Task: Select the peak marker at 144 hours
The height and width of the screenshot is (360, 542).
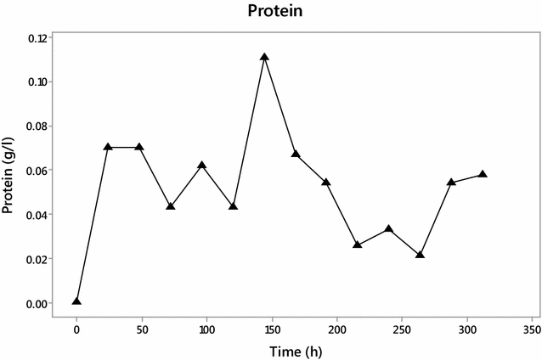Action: (x=264, y=58)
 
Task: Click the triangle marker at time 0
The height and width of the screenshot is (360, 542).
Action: (x=77, y=301)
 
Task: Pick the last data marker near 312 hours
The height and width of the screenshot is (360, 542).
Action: (x=483, y=174)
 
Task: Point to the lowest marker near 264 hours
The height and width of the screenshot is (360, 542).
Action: (x=420, y=255)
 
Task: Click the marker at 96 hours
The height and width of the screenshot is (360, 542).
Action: (x=202, y=166)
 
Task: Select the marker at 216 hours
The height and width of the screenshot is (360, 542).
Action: (x=358, y=245)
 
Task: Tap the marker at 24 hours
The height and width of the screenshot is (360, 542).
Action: (x=108, y=147)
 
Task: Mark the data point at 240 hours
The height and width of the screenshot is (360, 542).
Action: (x=388, y=229)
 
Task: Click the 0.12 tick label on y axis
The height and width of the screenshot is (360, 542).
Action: (x=36, y=38)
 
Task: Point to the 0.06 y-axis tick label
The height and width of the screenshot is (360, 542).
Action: (x=36, y=171)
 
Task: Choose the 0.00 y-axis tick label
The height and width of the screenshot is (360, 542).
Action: (x=36, y=303)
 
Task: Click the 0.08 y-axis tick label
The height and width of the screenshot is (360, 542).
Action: (x=36, y=127)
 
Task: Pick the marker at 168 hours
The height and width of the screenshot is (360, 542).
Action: (x=296, y=155)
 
